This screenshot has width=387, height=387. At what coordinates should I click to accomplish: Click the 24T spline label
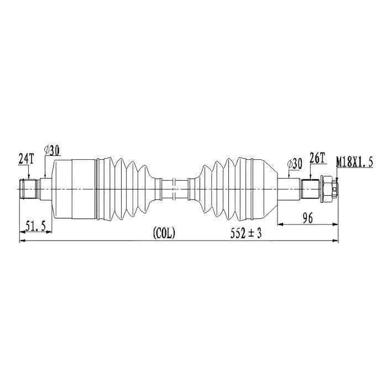click(26, 159)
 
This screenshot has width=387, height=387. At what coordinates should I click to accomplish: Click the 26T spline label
click(317, 158)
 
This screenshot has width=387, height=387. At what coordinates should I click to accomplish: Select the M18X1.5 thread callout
click(354, 162)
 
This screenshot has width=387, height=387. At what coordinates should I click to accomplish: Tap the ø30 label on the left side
click(52, 150)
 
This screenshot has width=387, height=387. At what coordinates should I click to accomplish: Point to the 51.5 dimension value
click(36, 226)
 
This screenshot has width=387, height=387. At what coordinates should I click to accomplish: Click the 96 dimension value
click(307, 218)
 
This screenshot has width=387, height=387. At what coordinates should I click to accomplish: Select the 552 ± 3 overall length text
click(246, 233)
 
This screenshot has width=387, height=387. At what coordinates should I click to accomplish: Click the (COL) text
click(164, 233)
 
